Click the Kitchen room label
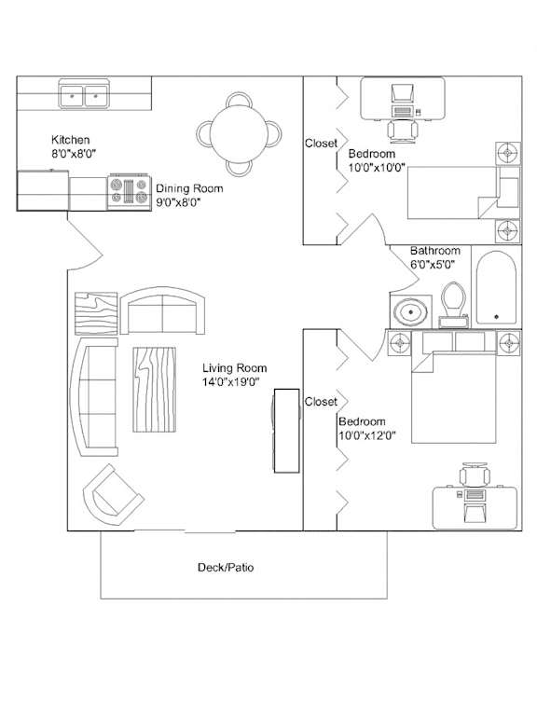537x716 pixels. point(70,140)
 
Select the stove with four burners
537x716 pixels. point(130,192)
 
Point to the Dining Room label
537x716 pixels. point(189,188)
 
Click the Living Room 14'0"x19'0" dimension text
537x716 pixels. point(231,382)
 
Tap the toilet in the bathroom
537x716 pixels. point(453,305)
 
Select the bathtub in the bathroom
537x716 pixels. point(496,287)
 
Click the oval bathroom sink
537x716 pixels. point(411,312)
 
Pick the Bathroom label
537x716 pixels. point(435,251)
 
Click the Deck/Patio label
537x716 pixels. point(226,568)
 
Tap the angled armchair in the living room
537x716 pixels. point(113,495)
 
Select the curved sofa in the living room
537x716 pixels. point(93,397)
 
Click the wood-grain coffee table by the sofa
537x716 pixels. point(155,390)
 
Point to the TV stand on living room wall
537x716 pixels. point(286,431)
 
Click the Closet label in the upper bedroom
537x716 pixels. point(321,144)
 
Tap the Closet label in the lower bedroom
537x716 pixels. point(321,402)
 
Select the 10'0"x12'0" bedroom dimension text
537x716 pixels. point(366,435)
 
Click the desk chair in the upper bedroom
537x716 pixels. point(403,131)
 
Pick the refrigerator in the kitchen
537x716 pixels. point(43,190)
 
